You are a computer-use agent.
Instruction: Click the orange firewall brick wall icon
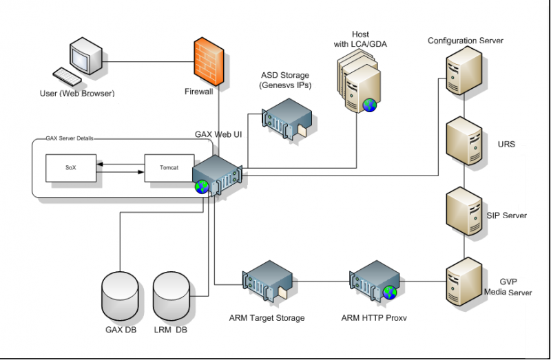click(209, 62)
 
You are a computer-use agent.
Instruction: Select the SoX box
click(71, 168)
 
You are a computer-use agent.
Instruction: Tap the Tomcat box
click(169, 168)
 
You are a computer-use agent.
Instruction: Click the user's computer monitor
click(86, 56)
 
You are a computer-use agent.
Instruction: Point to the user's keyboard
click(67, 76)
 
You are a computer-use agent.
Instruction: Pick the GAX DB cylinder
click(120, 295)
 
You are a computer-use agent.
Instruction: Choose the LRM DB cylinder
click(171, 295)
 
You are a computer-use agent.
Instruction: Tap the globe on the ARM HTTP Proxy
click(390, 293)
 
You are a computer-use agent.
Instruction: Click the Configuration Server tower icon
click(464, 71)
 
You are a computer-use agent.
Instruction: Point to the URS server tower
click(464, 141)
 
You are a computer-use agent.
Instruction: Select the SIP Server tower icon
click(464, 211)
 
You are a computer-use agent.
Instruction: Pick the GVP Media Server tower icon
click(464, 282)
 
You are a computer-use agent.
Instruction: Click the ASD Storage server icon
click(287, 119)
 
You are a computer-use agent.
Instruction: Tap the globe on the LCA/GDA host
click(370, 105)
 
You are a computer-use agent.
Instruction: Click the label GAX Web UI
click(218, 134)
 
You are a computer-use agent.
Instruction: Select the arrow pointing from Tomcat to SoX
click(121, 164)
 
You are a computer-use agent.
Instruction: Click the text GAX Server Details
click(70, 138)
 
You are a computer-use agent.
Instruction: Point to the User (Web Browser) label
click(77, 94)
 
